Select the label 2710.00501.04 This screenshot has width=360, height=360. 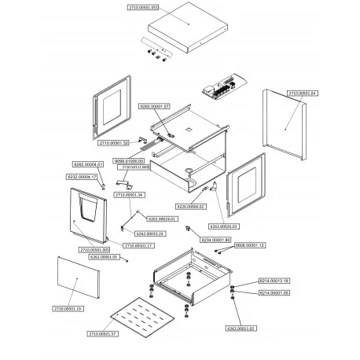pyautogui.click(x=303, y=94)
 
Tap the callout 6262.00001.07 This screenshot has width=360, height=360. pyautogui.click(x=154, y=105)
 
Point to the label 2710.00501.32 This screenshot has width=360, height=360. pyautogui.click(x=114, y=144)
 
